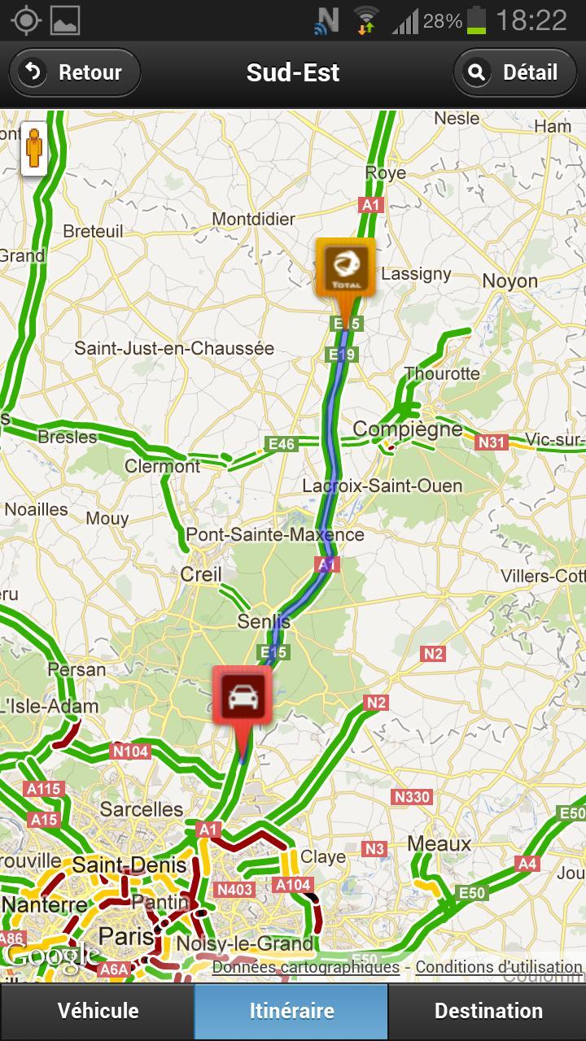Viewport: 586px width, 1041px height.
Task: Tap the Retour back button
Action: click(75, 72)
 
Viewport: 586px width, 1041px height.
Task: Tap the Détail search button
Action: click(514, 72)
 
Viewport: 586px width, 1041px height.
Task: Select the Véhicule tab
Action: click(98, 1011)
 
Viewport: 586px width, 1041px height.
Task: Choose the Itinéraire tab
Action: click(291, 1011)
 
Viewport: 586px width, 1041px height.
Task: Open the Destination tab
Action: click(488, 1011)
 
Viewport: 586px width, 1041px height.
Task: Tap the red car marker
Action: click(242, 695)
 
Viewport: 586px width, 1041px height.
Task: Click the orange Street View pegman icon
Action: click(34, 148)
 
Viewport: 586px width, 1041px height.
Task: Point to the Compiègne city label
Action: click(407, 429)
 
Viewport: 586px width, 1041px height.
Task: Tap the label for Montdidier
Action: click(253, 219)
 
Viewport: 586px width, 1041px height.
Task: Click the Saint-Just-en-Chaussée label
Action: click(174, 348)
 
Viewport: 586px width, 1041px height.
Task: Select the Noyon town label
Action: click(510, 281)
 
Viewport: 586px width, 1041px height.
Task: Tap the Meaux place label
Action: click(439, 843)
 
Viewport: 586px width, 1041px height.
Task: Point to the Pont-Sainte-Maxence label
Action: click(275, 535)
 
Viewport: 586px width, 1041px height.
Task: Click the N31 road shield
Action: click(492, 442)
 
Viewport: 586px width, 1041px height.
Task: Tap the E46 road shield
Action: click(282, 444)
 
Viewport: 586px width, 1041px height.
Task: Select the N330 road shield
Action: click(412, 797)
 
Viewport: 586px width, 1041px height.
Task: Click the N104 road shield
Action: click(130, 751)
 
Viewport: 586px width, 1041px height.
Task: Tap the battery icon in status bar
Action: click(477, 20)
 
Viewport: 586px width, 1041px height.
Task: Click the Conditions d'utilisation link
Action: click(498, 967)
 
